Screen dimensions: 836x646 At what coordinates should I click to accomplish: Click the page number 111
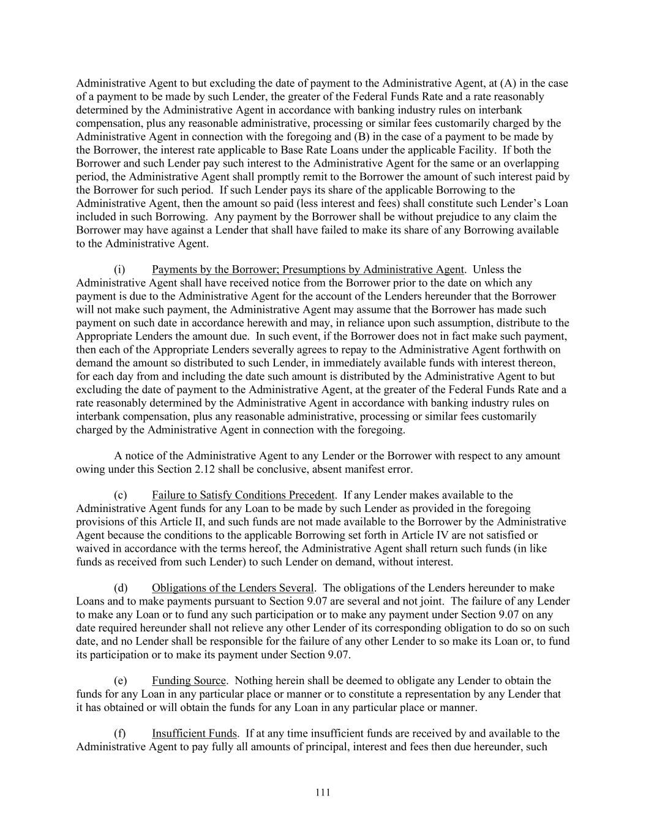(x=323, y=793)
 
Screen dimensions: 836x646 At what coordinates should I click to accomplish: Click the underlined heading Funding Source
(x=189, y=680)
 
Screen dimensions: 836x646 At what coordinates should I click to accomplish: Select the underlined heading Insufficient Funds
(x=194, y=733)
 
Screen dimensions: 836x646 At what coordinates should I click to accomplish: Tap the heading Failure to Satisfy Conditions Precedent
(x=243, y=495)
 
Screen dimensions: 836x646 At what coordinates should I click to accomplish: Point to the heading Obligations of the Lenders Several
(x=233, y=588)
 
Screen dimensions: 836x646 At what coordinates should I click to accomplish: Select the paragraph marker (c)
(x=121, y=495)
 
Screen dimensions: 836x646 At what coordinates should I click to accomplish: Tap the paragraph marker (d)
(x=121, y=588)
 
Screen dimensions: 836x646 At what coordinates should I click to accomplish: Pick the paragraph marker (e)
(x=121, y=680)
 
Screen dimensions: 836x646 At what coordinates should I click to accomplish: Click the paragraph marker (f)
(x=120, y=733)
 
